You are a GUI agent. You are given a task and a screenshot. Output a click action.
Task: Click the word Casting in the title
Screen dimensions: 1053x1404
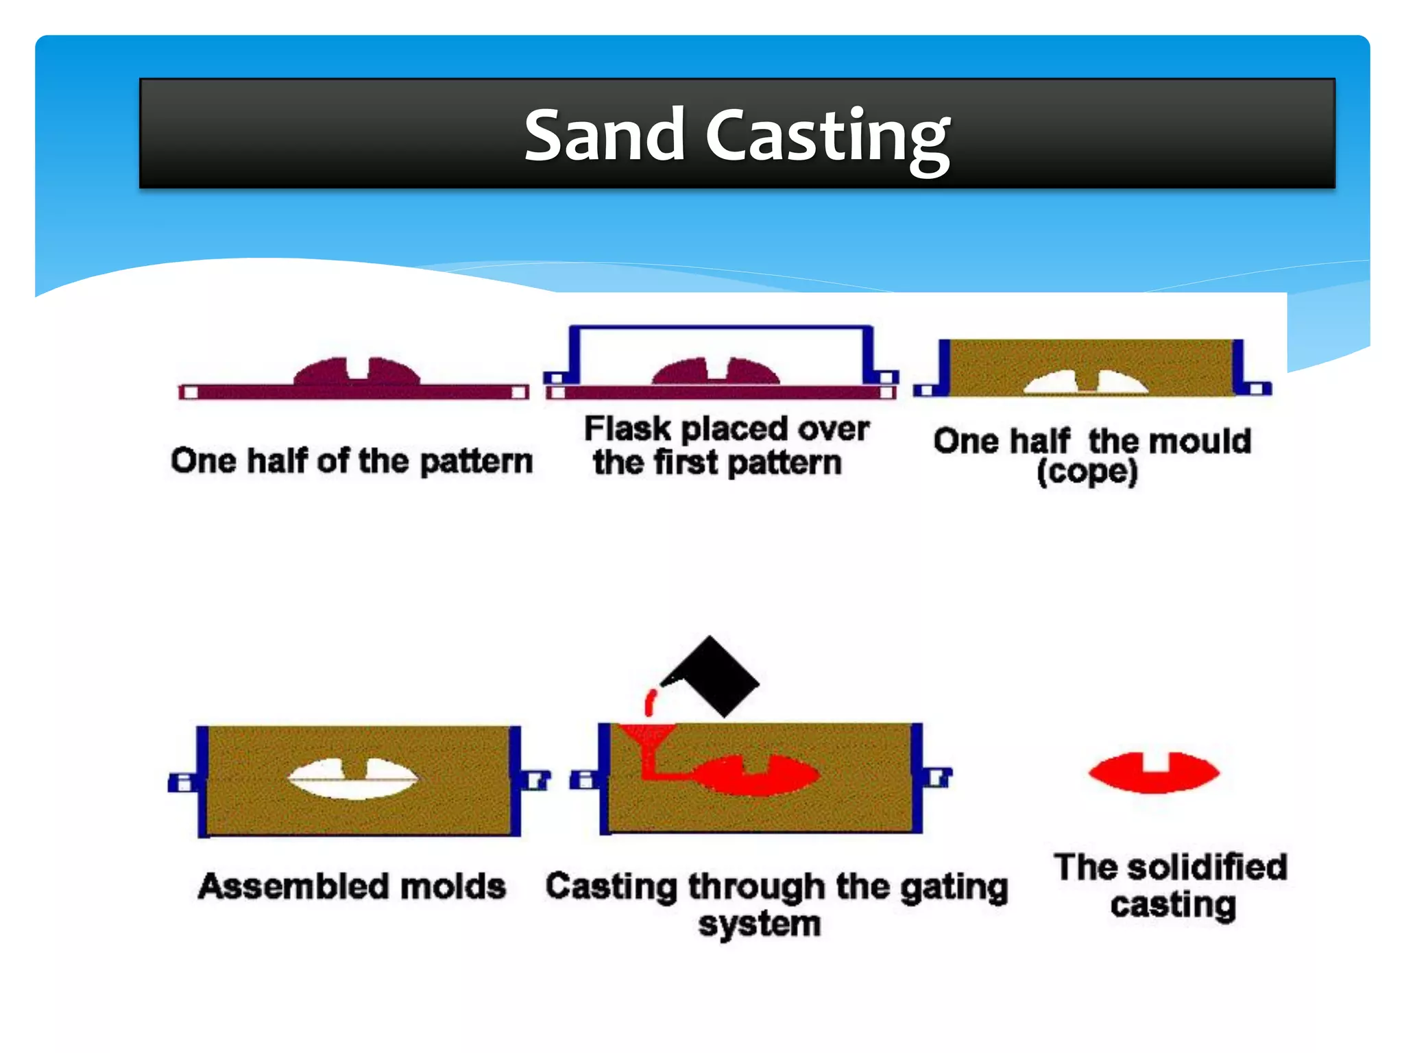[x=827, y=137]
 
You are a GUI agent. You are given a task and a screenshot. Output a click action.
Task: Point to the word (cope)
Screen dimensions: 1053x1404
[x=1087, y=472]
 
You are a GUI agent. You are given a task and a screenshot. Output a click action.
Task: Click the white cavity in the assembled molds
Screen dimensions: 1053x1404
[x=352, y=779]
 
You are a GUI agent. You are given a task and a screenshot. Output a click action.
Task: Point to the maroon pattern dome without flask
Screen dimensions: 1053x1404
[x=356, y=372]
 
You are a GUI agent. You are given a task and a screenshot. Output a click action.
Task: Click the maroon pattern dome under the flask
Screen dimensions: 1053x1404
[x=716, y=372]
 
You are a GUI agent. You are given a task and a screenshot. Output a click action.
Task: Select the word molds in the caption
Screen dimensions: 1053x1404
[x=453, y=886]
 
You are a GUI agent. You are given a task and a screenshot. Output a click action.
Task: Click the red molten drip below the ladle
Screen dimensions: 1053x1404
[x=650, y=703]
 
